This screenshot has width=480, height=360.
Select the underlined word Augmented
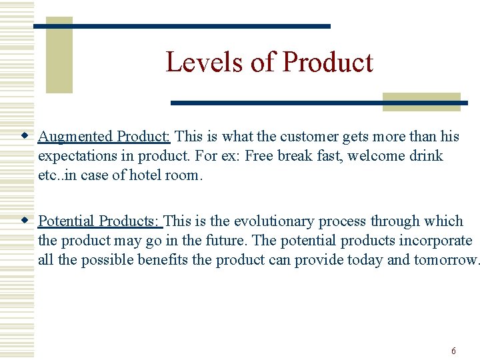(75, 137)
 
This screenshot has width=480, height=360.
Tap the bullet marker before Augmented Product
(25, 136)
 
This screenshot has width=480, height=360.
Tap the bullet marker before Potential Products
(25, 221)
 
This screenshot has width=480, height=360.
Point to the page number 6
(453, 351)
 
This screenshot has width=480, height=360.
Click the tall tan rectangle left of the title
(59, 55)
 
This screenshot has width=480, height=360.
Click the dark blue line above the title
(181, 26)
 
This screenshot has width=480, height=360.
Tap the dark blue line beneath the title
(319, 103)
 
